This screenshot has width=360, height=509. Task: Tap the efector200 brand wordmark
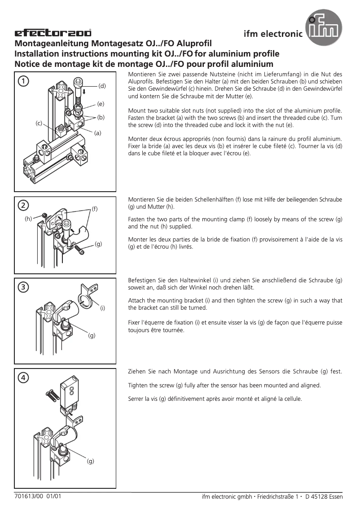pos(53,33)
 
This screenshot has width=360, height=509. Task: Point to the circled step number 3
pos(23,287)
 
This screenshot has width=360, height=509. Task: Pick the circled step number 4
pos(23,377)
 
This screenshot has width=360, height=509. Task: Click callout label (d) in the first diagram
pos(102,85)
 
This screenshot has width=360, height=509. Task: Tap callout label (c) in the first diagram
pos(39,123)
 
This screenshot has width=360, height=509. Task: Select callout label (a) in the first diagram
pos(98,132)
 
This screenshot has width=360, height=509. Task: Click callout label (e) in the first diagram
pos(101,104)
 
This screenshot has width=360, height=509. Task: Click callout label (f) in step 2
pos(95,209)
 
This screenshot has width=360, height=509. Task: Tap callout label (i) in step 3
pos(102,308)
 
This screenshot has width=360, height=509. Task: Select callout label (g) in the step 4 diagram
pos(91,461)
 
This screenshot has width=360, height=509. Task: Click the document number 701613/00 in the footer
pos(28,496)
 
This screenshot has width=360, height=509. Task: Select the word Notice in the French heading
pos(27,64)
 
